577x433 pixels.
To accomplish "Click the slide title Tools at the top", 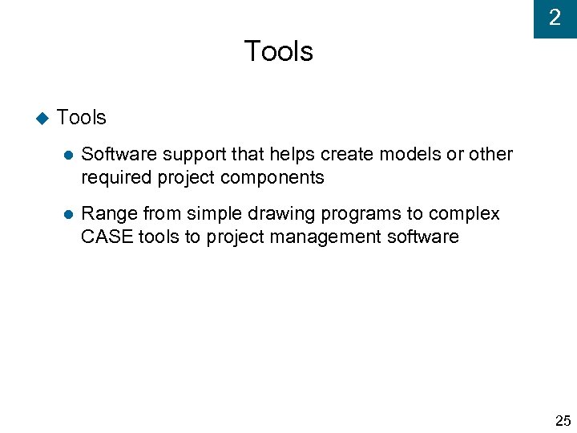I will pyautogui.click(x=278, y=51).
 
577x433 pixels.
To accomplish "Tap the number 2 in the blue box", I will pyautogui.click(x=555, y=18).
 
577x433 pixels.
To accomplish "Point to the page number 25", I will pyautogui.click(x=563, y=420).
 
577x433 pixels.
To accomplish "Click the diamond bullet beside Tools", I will pyautogui.click(x=42, y=118).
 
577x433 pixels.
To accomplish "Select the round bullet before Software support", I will pyautogui.click(x=68, y=155).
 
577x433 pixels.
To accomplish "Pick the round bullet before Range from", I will pyautogui.click(x=68, y=215).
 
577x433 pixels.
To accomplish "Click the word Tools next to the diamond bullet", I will pyautogui.click(x=82, y=118).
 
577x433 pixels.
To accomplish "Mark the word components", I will pyautogui.click(x=273, y=178).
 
